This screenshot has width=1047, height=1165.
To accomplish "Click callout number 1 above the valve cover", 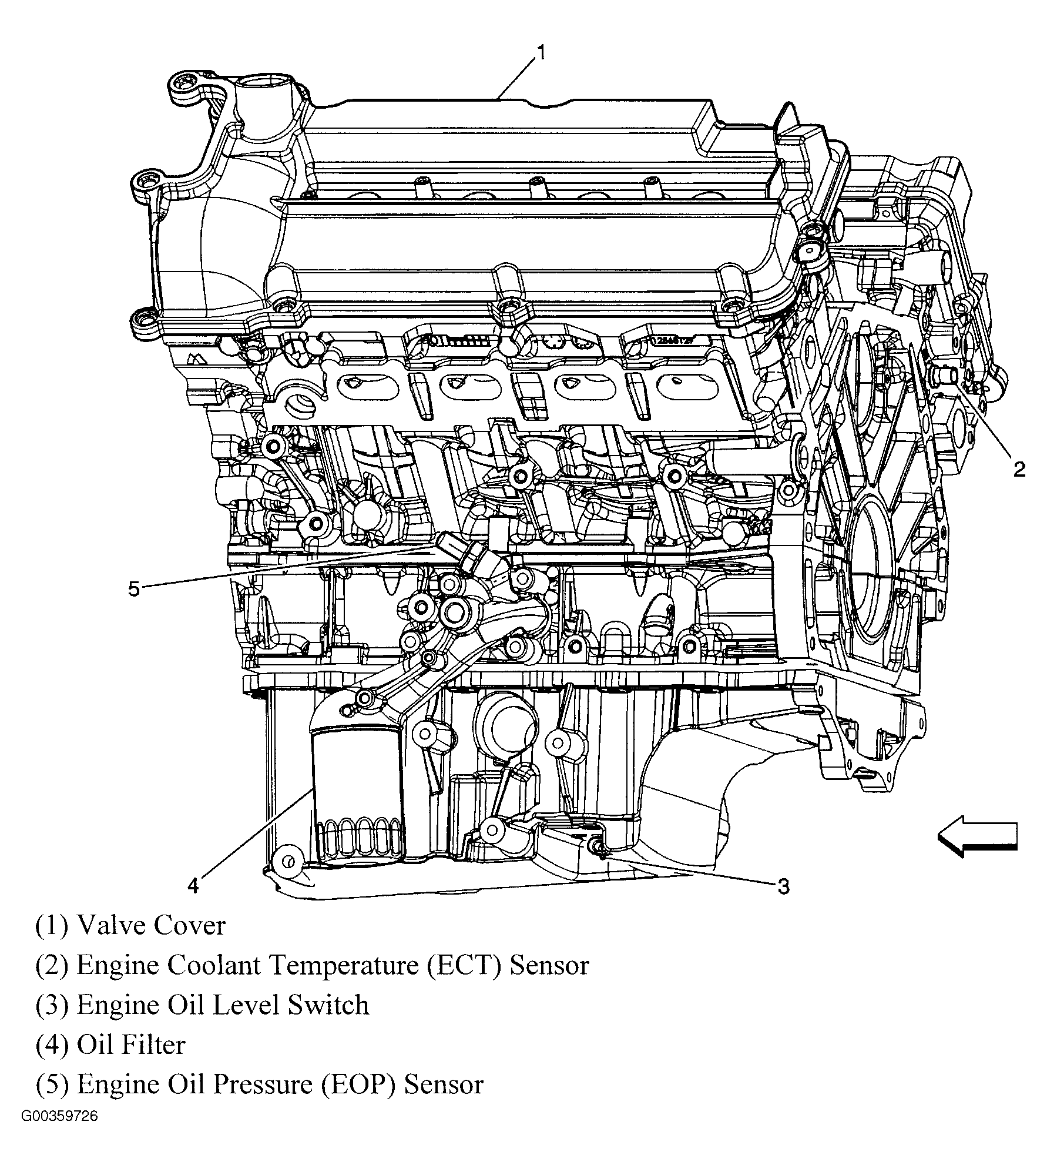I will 541,53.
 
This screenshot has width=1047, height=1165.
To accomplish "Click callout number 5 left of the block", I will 134,589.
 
